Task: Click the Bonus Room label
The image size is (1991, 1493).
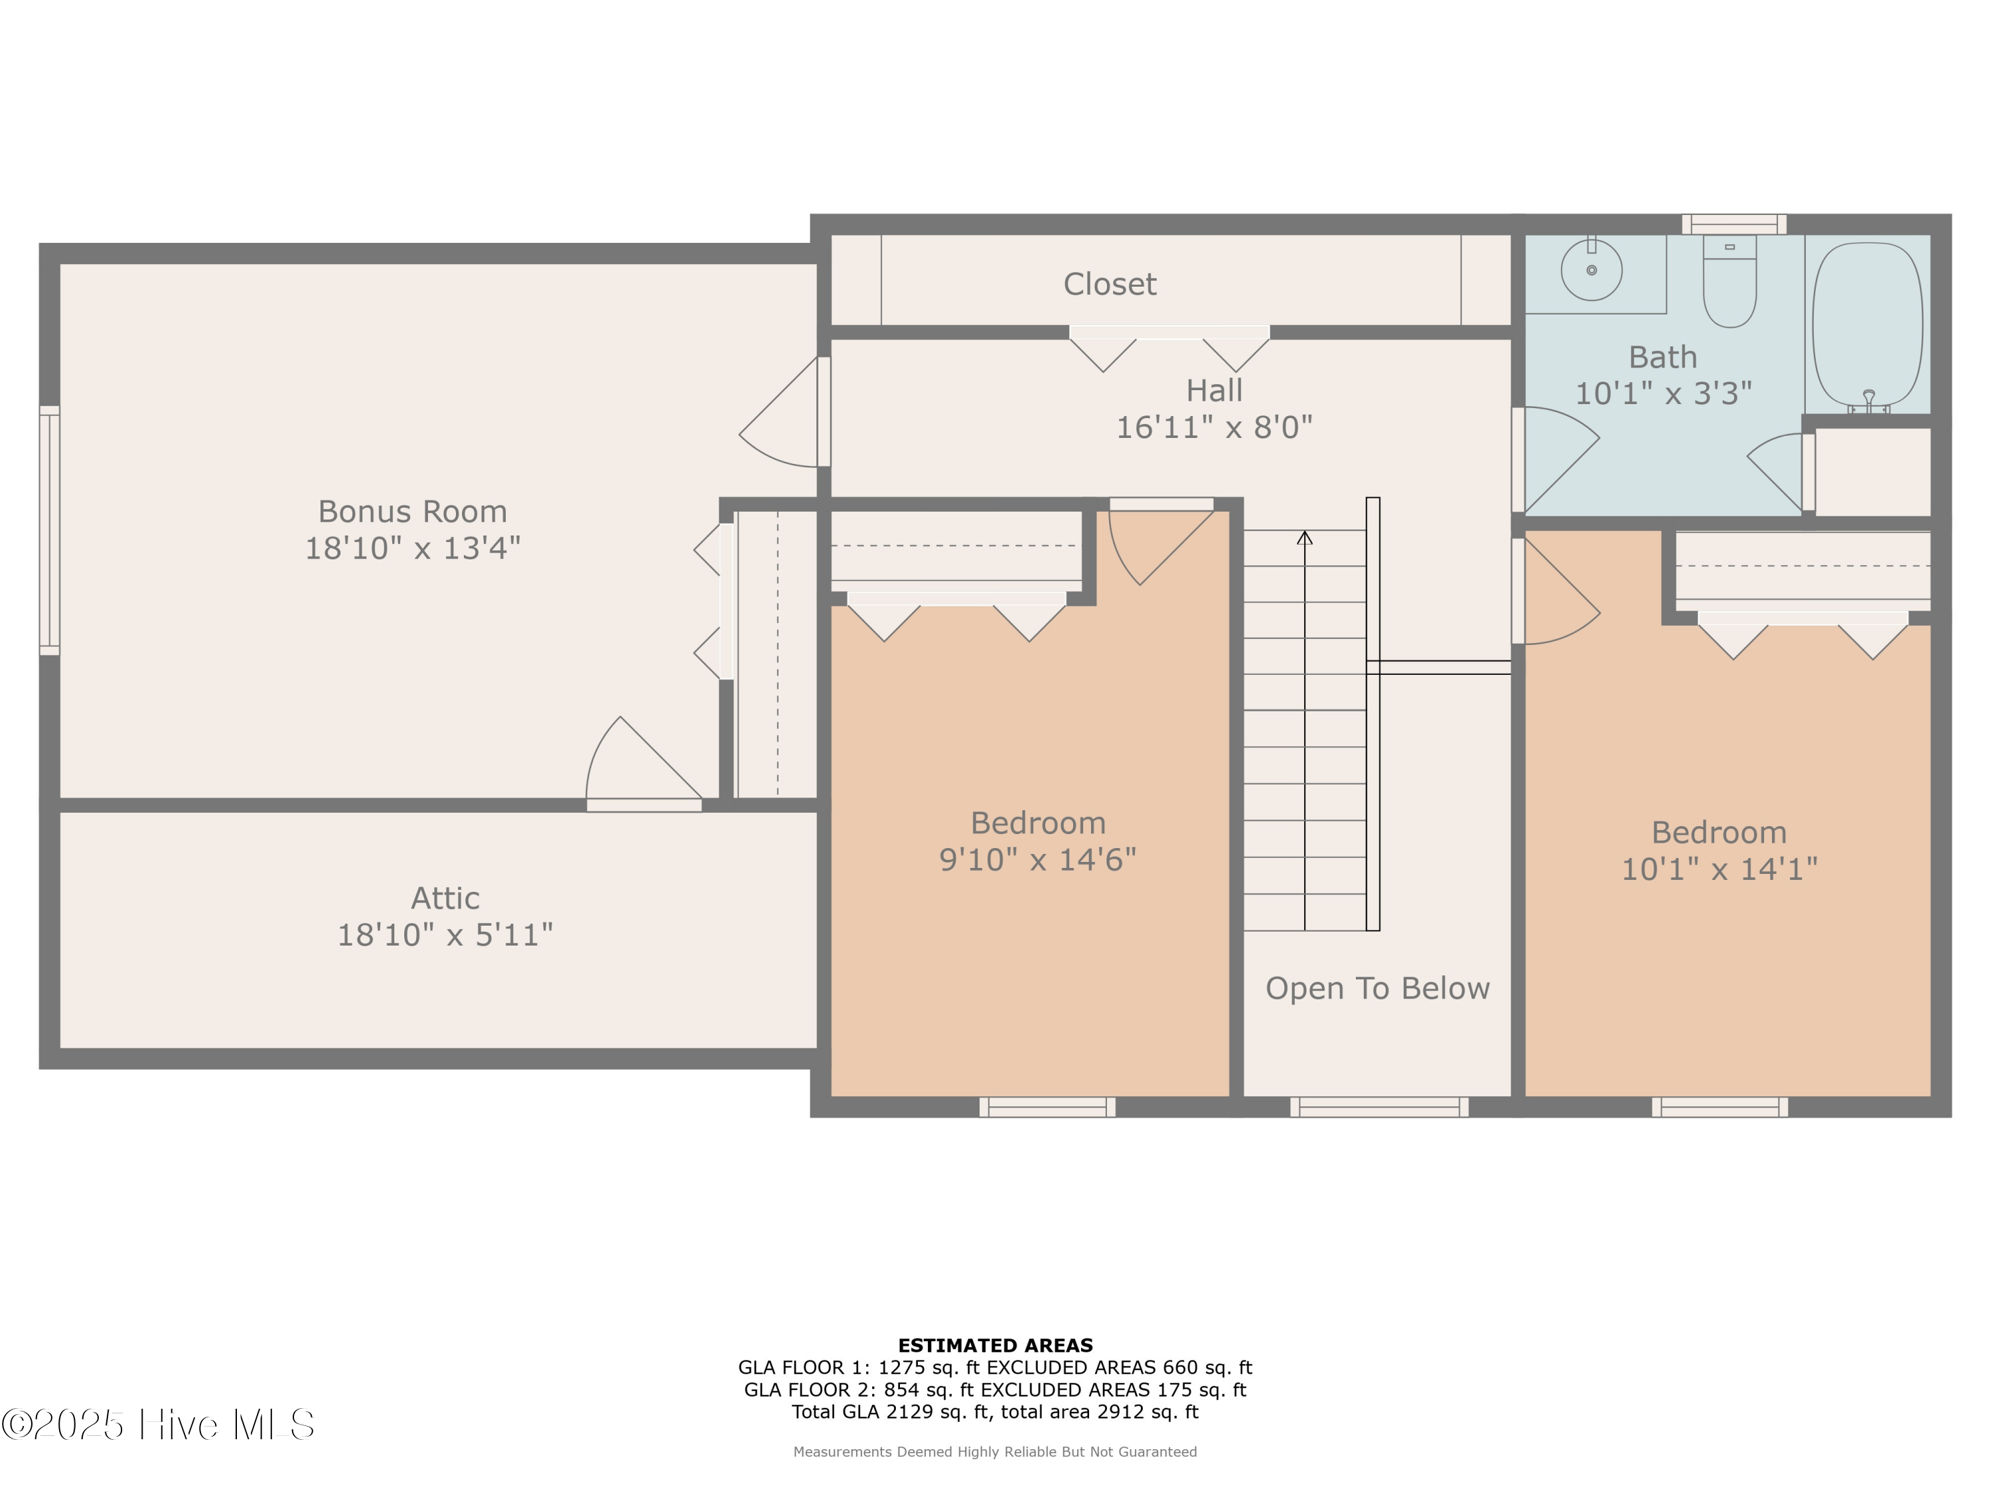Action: tap(412, 511)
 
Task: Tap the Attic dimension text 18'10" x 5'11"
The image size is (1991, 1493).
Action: tap(445, 934)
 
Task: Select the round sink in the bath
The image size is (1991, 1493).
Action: tap(1591, 269)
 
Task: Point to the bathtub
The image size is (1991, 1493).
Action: tap(1868, 324)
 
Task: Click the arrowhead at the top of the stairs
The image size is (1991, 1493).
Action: tap(1304, 538)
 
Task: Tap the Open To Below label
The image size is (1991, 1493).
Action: tap(1377, 988)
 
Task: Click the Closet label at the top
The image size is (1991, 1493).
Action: tap(1109, 285)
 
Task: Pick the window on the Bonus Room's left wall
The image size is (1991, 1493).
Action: tap(50, 530)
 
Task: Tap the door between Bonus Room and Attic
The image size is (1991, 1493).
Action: tap(644, 774)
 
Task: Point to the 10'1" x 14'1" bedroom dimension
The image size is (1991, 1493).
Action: tap(1719, 869)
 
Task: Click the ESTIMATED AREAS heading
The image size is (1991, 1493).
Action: tap(995, 1346)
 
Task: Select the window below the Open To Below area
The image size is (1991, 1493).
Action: tap(1379, 1107)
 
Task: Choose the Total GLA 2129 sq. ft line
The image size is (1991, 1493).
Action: tap(995, 1411)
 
